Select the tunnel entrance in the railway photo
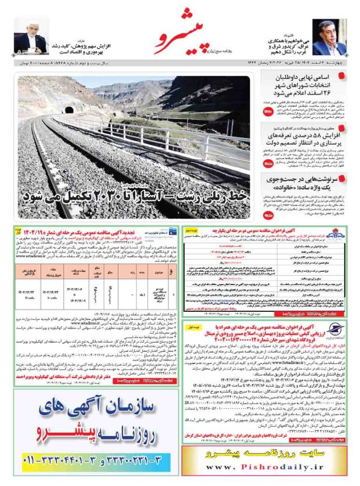click(70, 109)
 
